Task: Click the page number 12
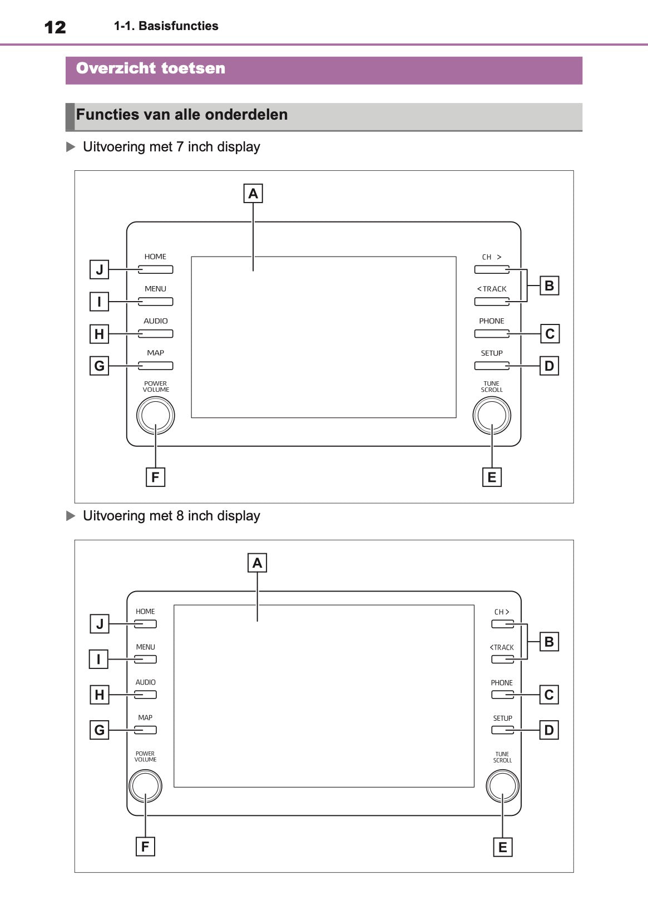[55, 27]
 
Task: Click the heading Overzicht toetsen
[151, 68]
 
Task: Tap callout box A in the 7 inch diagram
[253, 194]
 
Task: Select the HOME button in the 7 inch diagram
[156, 269]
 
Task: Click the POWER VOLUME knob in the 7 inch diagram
[156, 415]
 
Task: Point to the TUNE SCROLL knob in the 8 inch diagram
[502, 786]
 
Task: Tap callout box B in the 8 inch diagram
[549, 642]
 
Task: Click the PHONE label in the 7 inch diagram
[492, 321]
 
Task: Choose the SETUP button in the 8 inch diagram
[502, 730]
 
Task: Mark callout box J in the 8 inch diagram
[100, 624]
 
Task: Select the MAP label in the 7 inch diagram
[156, 353]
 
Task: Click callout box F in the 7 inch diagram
[155, 477]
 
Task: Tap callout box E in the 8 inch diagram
[503, 847]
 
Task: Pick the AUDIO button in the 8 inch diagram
[145, 695]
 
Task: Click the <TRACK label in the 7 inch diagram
[492, 289]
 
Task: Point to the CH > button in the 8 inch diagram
[502, 624]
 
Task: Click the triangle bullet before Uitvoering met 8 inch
[71, 516]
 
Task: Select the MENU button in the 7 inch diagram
[156, 302]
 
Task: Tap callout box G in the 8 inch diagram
[100, 730]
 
